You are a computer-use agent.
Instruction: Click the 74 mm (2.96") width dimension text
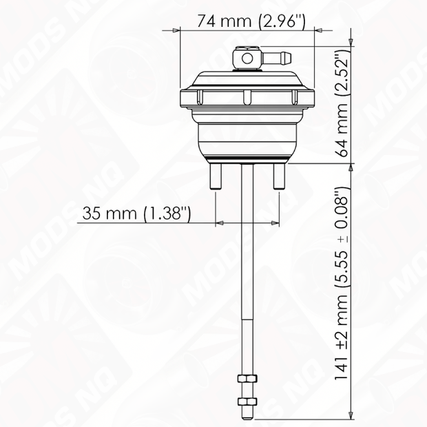pyautogui.click(x=251, y=21)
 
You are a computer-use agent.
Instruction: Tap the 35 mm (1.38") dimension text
pyautogui.click(x=136, y=213)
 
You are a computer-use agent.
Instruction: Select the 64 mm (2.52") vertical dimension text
pyautogui.click(x=341, y=104)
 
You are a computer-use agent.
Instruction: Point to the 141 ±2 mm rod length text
pyautogui.click(x=341, y=284)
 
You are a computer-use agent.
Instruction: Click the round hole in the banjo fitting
pyautogui.click(x=247, y=59)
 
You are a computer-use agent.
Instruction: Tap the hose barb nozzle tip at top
pyautogui.click(x=289, y=57)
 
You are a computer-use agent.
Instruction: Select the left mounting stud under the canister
pyautogui.click(x=216, y=176)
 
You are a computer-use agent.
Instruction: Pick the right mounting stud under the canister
pyautogui.click(x=280, y=176)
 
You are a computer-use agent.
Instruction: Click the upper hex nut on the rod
pyautogui.click(x=247, y=379)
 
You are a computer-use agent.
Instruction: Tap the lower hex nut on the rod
pyautogui.click(x=247, y=402)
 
